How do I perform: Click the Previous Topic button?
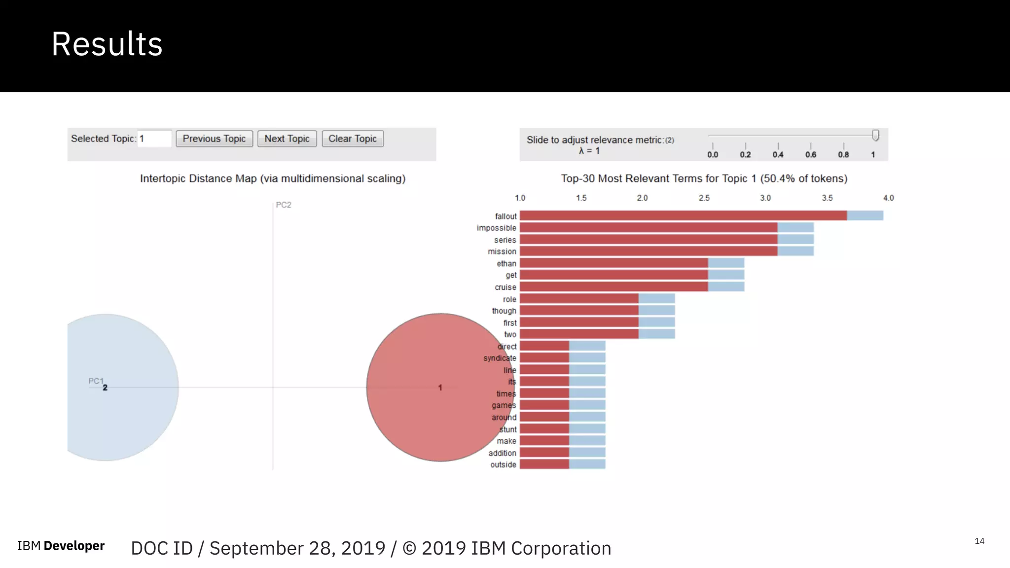214,139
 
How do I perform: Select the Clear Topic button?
352,139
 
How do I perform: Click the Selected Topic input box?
154,139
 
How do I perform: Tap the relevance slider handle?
875,135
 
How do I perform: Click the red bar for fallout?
683,215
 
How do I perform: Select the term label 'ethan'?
506,263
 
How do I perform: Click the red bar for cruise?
614,287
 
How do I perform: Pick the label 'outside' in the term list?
503,464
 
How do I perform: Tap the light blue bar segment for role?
656,299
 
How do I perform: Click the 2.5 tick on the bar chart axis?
704,198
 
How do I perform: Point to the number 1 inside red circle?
440,388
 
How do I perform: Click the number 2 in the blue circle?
105,388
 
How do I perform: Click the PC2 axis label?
284,205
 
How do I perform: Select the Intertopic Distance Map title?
273,178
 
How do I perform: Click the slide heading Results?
107,44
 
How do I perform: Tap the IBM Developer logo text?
61,546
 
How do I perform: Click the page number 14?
979,541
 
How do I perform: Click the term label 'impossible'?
496,228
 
